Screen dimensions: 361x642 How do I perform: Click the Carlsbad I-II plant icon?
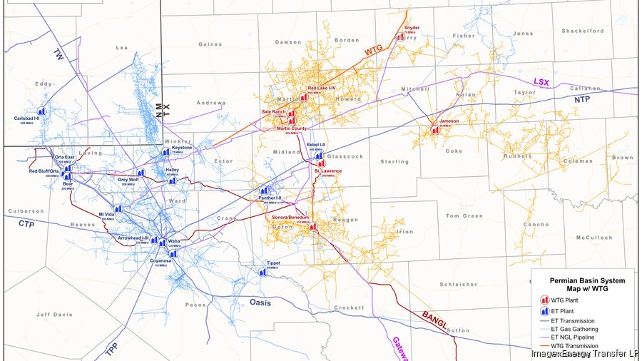click(x=41, y=112)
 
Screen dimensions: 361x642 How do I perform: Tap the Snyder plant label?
click(x=411, y=28)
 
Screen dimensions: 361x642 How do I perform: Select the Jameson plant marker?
click(x=434, y=130)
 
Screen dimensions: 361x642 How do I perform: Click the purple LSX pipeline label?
click(x=543, y=83)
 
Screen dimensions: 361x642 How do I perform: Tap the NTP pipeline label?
click(x=583, y=100)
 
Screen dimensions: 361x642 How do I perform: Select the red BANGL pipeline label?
click(x=434, y=319)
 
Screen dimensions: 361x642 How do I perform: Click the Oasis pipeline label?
click(x=260, y=303)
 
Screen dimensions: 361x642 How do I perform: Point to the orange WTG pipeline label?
click(x=374, y=51)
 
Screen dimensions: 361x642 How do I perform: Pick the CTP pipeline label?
click(x=26, y=224)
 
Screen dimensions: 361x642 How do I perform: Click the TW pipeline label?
click(x=59, y=53)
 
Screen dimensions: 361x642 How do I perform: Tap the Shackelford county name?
click(x=583, y=31)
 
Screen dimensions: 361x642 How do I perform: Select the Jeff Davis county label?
click(x=54, y=314)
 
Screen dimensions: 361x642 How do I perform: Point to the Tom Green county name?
click(x=464, y=215)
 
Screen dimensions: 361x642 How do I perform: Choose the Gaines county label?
click(x=210, y=44)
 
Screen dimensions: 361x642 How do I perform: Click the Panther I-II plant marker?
click(x=264, y=190)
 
